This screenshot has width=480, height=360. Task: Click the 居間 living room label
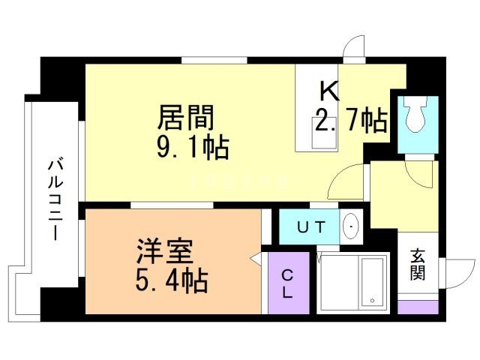point(186,118)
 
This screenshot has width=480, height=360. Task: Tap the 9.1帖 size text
point(193,146)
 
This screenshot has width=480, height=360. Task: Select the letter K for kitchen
point(330,92)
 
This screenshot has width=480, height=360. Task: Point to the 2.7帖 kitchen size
point(350,120)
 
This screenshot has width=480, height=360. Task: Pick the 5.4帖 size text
point(172,282)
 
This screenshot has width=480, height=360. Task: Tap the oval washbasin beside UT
point(351,226)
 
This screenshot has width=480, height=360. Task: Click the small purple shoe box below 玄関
point(417,307)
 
